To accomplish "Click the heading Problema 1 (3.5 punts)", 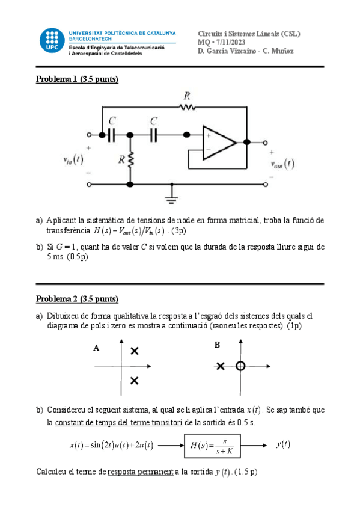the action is (78, 79).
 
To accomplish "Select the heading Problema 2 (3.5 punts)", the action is (78, 298).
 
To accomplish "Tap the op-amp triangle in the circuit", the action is (219, 143).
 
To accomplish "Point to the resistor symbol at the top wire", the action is (187, 107).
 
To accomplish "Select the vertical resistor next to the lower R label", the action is (130, 161).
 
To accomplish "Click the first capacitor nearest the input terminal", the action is (111, 135).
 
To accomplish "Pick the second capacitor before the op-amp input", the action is (154, 135).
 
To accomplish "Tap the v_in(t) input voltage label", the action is (73, 159).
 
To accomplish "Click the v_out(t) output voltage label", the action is (282, 164).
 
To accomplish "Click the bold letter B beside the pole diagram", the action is (217, 345).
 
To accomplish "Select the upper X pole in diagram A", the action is (134, 351).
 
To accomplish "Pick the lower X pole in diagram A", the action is (134, 380).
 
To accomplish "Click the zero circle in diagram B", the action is (240, 366).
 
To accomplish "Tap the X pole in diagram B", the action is (221, 366).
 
